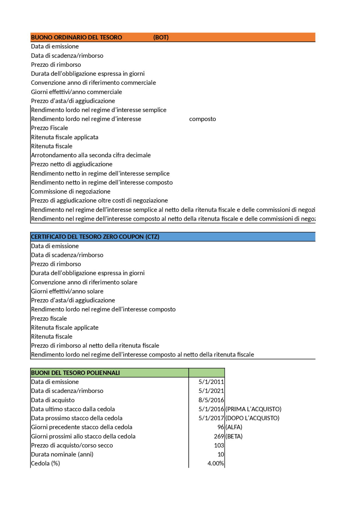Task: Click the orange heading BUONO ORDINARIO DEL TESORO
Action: click(x=76, y=37)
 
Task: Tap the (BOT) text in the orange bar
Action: click(x=161, y=37)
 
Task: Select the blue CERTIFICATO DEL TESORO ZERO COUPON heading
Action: click(x=95, y=237)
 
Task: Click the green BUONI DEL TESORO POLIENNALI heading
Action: click(x=75, y=373)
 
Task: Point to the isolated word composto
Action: click(x=202, y=119)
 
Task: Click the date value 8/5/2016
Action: click(x=211, y=400)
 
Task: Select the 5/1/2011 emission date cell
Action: click(x=211, y=382)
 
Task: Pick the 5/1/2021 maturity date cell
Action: click(x=211, y=391)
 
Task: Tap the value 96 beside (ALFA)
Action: click(x=220, y=427)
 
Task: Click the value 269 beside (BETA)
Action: click(x=219, y=436)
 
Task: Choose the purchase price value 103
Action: click(x=219, y=445)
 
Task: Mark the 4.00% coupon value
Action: click(x=215, y=463)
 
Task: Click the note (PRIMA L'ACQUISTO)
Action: click(x=253, y=409)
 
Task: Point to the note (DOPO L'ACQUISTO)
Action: click(x=252, y=418)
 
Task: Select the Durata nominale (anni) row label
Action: click(x=62, y=454)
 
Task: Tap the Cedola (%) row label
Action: click(x=46, y=463)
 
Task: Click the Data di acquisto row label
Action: click(x=53, y=400)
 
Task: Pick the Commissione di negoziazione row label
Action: click(x=71, y=191)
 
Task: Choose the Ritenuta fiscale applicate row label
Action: click(x=65, y=327)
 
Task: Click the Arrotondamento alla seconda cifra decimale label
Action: click(x=91, y=155)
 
